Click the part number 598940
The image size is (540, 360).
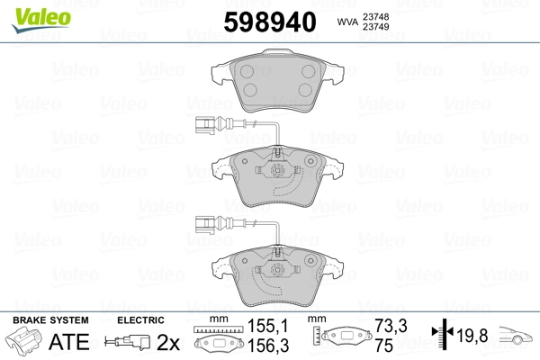click(x=270, y=22)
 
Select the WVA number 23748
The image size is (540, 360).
click(x=375, y=17)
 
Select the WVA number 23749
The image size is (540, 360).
click(x=375, y=26)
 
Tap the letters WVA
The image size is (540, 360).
click(x=347, y=22)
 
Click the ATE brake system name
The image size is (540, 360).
click(x=69, y=342)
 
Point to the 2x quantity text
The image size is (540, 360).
click(x=168, y=342)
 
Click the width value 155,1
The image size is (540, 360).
click(x=267, y=326)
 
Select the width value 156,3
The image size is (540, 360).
click(x=268, y=346)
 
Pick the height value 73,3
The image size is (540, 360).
click(x=391, y=326)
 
